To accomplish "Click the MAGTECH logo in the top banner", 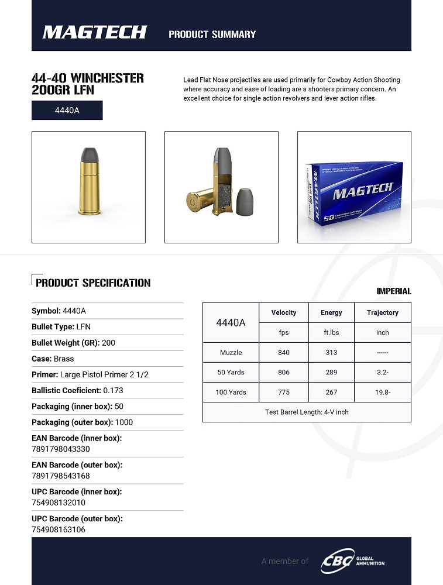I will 94,32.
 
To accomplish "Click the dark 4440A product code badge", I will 67,110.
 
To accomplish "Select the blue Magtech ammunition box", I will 353,192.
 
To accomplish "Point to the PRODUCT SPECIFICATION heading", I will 93,283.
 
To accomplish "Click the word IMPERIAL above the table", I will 393,291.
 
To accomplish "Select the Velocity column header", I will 284,312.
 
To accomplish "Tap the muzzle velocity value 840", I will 284,352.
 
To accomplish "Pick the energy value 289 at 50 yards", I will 331,372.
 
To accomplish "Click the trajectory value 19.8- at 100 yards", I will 383,392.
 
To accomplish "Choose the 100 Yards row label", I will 230,392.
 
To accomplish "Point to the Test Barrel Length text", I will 306,412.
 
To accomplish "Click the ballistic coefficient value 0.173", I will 113,390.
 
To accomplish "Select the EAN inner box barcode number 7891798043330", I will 61,449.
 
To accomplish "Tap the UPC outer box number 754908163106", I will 59,529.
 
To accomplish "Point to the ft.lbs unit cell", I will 331,332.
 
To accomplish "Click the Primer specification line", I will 90,374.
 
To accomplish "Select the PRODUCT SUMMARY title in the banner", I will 212,34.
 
